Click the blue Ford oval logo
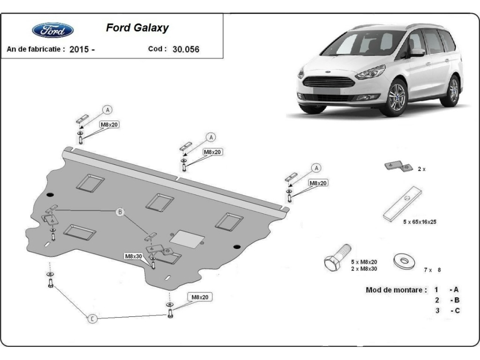click(x=52, y=30)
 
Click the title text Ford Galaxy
click(x=137, y=28)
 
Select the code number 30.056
click(x=186, y=49)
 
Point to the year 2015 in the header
click(x=79, y=49)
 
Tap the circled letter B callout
click(x=120, y=212)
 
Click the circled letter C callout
click(x=92, y=319)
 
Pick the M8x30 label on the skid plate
click(x=134, y=256)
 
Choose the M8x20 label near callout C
click(x=200, y=297)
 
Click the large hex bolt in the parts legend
click(x=337, y=258)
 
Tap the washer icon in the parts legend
click(x=404, y=261)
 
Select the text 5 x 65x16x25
click(x=420, y=222)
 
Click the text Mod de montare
click(x=396, y=290)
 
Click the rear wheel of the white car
click(x=453, y=90)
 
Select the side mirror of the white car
click(x=418, y=52)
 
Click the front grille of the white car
click(x=329, y=82)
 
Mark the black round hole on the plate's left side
click(x=51, y=195)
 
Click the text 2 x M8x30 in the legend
click(x=364, y=269)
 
